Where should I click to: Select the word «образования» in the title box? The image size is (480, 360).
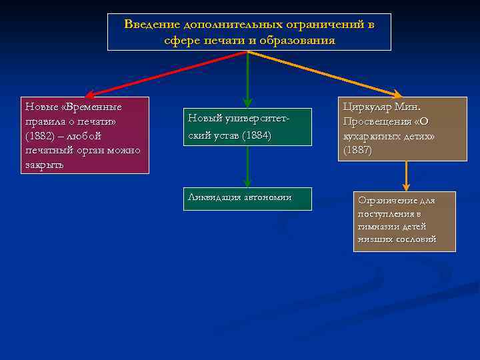click(x=303, y=40)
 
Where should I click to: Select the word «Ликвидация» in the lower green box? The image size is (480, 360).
click(x=209, y=197)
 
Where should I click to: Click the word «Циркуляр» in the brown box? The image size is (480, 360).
click(x=366, y=107)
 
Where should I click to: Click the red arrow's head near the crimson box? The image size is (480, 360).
click(x=89, y=95)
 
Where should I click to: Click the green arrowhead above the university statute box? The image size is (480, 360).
click(x=247, y=103)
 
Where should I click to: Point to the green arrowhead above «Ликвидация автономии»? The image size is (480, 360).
click(x=247, y=184)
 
